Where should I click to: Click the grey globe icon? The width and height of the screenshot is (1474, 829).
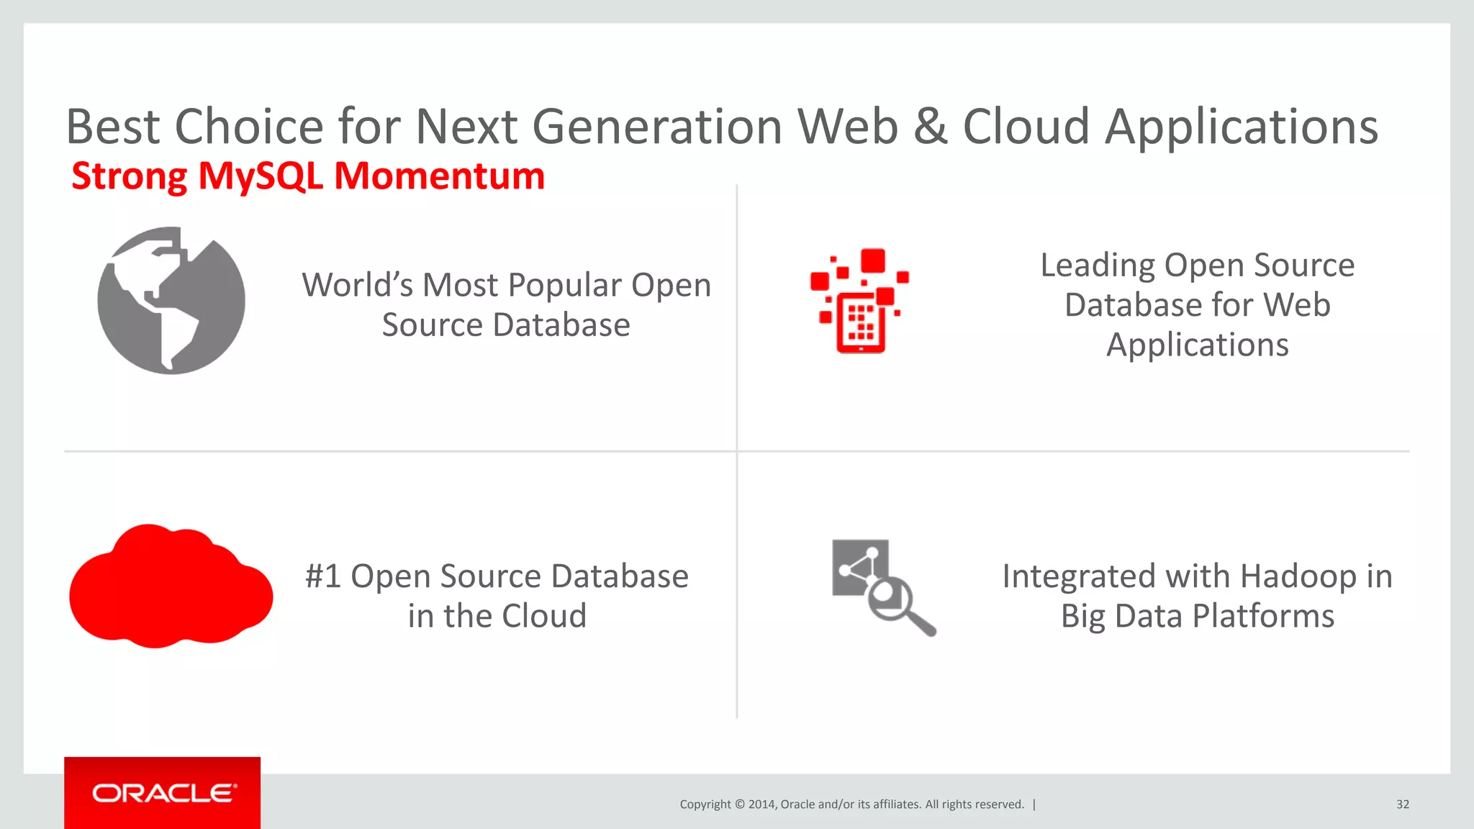pyautogui.click(x=171, y=300)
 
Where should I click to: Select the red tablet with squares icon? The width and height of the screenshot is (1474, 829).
pyautogui.click(x=860, y=302)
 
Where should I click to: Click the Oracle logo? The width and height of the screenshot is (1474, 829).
pyautogui.click(x=163, y=793)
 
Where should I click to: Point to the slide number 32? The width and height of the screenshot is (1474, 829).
pyautogui.click(x=1402, y=805)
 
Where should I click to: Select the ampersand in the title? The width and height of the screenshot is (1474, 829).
pyautogui.click(x=931, y=127)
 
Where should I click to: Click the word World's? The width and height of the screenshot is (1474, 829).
pyautogui.click(x=357, y=285)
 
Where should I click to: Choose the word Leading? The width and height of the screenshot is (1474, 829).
pyautogui.click(x=1098, y=266)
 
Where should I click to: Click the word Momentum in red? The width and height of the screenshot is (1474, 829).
pyautogui.click(x=440, y=176)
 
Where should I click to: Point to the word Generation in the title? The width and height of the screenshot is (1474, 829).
pyautogui.click(x=657, y=127)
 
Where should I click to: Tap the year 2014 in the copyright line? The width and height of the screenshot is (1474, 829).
pyautogui.click(x=761, y=805)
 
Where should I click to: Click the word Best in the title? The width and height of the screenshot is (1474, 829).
pyautogui.click(x=113, y=127)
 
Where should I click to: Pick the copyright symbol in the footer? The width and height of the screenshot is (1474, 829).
pyautogui.click(x=739, y=805)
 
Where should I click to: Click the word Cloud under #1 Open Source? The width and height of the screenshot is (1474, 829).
pyautogui.click(x=544, y=617)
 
